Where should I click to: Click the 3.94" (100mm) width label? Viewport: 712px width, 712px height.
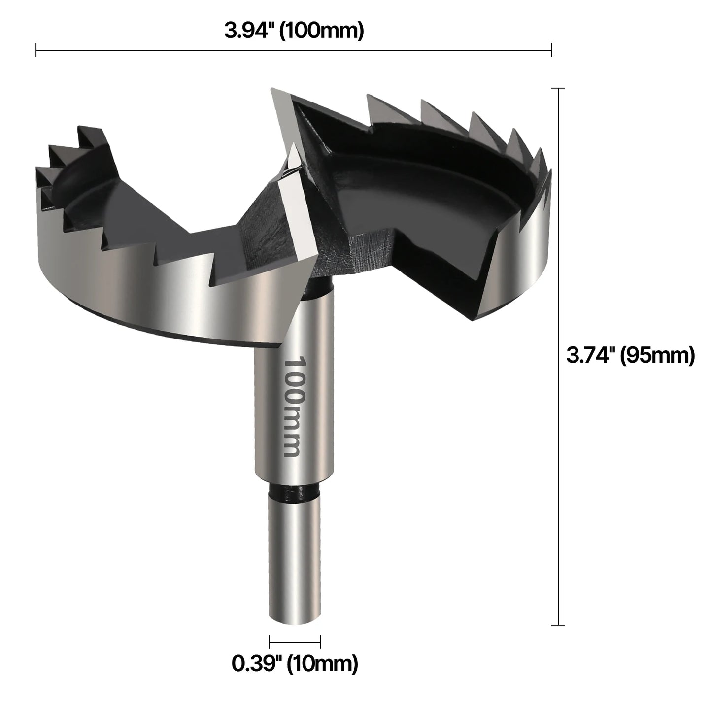click(294, 31)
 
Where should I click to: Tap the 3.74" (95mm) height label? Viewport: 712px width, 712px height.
click(630, 355)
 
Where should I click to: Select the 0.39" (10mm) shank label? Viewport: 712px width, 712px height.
click(295, 664)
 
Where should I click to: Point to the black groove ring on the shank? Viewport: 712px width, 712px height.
click(294, 493)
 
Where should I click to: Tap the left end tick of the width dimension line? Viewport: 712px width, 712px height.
click(36, 50)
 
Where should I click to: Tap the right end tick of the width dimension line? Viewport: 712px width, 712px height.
click(551, 50)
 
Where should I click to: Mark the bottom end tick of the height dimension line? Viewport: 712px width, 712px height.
click(558, 625)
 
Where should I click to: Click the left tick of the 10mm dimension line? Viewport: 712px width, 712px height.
click(270, 642)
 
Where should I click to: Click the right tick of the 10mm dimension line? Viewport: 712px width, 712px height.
click(320, 642)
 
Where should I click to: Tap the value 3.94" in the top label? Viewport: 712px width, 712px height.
click(249, 31)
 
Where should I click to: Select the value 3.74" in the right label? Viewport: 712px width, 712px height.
click(590, 355)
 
